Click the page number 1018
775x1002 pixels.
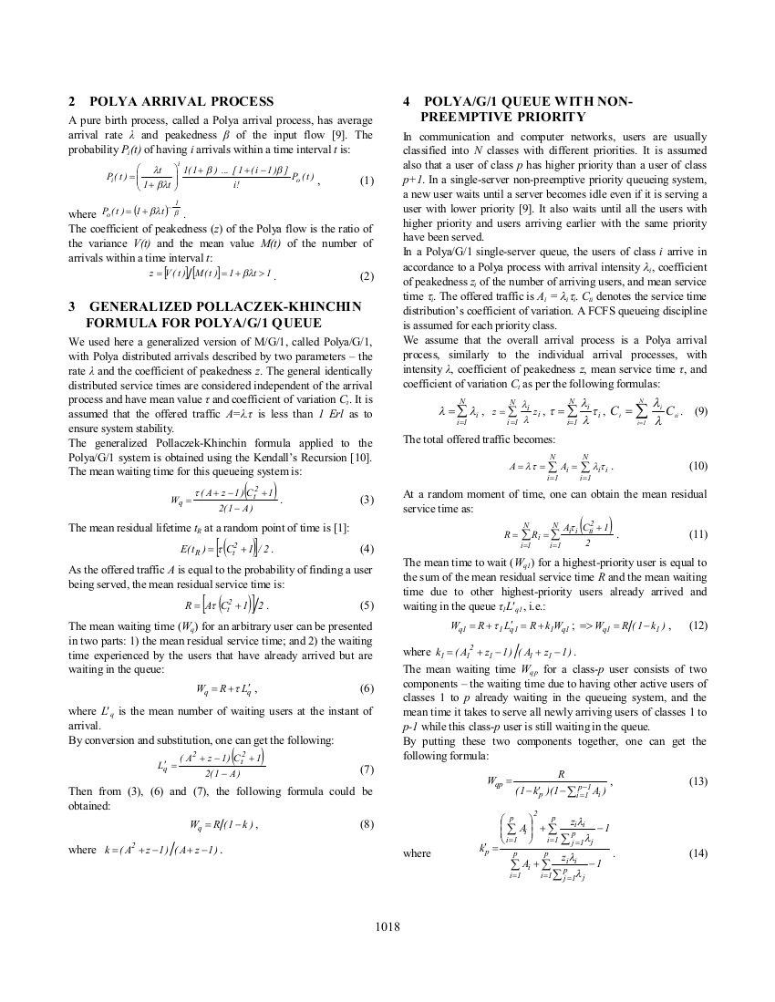click(387, 927)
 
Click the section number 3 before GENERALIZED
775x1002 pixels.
click(72, 306)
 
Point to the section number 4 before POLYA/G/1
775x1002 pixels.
click(407, 101)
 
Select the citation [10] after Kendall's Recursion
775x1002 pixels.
click(363, 456)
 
